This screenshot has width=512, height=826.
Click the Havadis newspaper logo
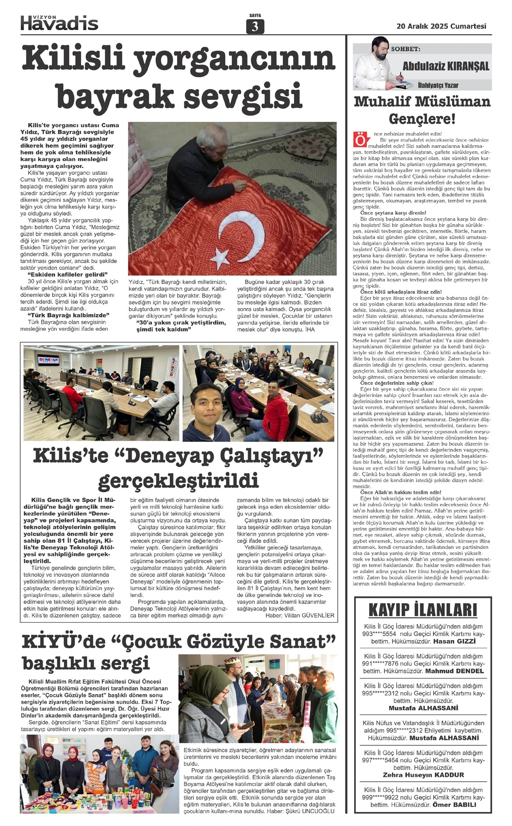[59, 22]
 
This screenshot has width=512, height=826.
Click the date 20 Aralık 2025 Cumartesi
[441, 26]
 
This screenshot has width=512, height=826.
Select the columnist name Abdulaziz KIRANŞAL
[445, 66]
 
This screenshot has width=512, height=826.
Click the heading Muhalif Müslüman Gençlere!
[422, 110]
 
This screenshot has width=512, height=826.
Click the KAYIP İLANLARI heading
[422, 609]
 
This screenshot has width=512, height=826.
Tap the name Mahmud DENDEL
[454, 671]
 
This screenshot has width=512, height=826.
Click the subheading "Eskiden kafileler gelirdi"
[67, 274]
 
